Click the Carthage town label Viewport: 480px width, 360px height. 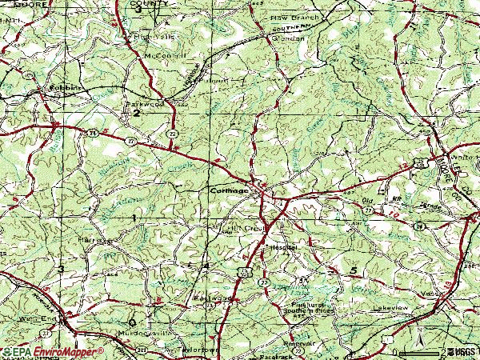(228, 191)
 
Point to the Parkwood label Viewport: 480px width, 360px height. (143, 103)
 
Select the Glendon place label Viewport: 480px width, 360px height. (288, 38)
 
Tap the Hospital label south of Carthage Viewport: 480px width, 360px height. (283, 248)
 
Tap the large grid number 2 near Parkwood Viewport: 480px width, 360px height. (136, 114)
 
